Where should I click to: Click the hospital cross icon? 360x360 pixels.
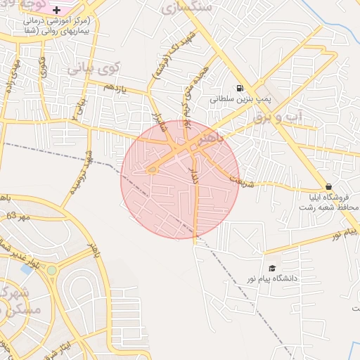[57, 10]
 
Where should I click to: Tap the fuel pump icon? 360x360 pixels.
[240, 89]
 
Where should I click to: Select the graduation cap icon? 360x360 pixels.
[272, 268]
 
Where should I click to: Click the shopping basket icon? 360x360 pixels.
[329, 186]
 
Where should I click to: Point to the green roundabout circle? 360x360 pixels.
[51, 270]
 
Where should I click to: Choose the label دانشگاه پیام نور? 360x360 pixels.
[290, 278]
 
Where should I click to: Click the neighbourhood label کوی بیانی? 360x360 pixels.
[94, 70]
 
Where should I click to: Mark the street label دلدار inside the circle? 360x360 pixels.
[195, 174]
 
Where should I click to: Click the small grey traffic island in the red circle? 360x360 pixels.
[152, 169]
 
